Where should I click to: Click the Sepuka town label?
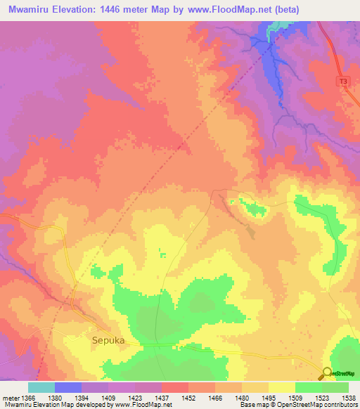(108, 340)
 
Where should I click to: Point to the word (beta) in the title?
(300, 10)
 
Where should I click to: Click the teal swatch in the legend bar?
(41, 387)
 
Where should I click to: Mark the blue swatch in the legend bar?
(68, 387)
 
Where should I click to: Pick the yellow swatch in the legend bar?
(282, 387)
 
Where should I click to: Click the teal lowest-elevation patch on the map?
(281, 25)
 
